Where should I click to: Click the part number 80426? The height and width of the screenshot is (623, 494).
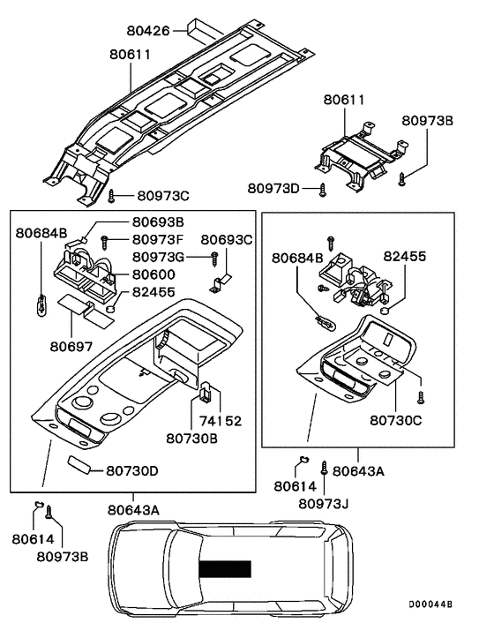(x=148, y=31)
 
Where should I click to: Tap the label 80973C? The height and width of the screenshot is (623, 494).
(x=163, y=196)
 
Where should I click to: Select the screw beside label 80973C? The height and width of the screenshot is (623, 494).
(x=111, y=196)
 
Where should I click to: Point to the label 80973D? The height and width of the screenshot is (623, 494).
(x=273, y=188)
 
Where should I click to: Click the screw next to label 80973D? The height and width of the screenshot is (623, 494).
(x=323, y=191)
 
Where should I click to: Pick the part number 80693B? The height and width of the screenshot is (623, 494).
(x=158, y=221)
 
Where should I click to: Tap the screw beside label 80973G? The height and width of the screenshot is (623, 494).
(x=215, y=259)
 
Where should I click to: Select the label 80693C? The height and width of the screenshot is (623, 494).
(x=227, y=240)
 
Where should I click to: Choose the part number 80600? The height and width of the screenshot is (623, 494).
(x=153, y=274)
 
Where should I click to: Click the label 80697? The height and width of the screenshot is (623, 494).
(x=71, y=347)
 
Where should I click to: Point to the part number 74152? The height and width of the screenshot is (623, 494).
(x=221, y=421)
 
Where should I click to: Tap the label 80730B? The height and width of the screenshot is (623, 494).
(x=191, y=439)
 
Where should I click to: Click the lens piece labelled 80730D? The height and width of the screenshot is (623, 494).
(x=79, y=465)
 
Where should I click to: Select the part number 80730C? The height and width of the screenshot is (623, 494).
(x=396, y=420)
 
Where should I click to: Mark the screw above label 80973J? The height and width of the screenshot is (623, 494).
(x=324, y=468)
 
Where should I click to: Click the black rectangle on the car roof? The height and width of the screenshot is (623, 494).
(x=225, y=568)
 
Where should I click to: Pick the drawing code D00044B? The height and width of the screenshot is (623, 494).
(x=430, y=604)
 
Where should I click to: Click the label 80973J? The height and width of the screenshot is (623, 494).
(x=323, y=503)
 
